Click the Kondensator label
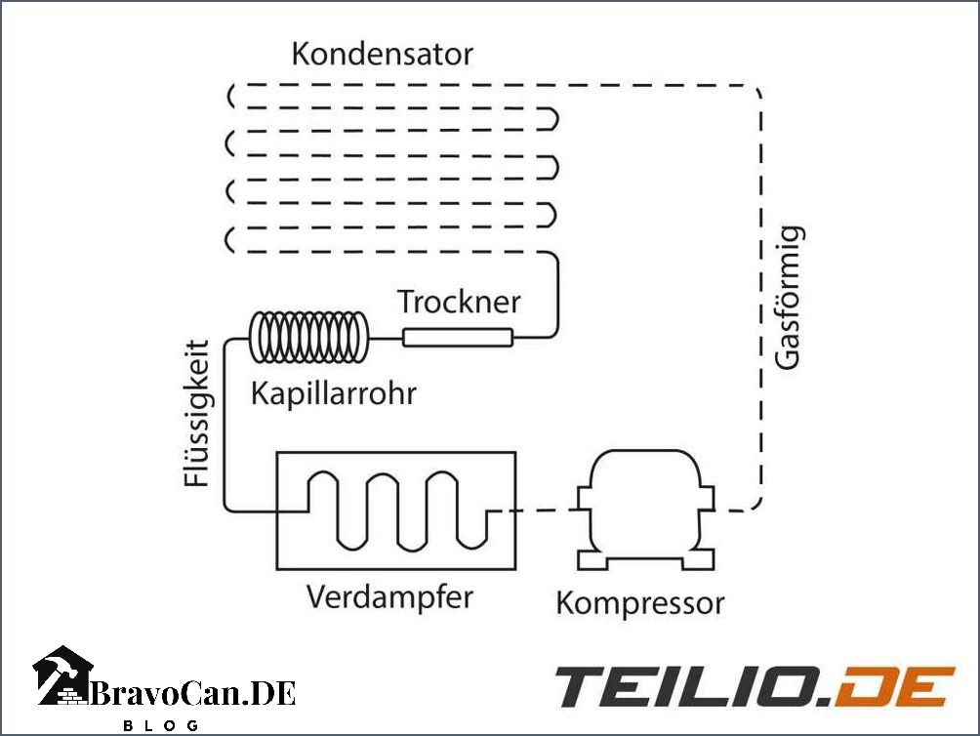click(x=382, y=54)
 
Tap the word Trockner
click(x=459, y=301)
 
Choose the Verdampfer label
click(x=389, y=595)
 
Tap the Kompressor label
click(x=640, y=602)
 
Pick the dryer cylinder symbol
click(x=459, y=338)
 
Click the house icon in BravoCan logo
click(x=63, y=675)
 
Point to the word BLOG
click(x=161, y=725)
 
